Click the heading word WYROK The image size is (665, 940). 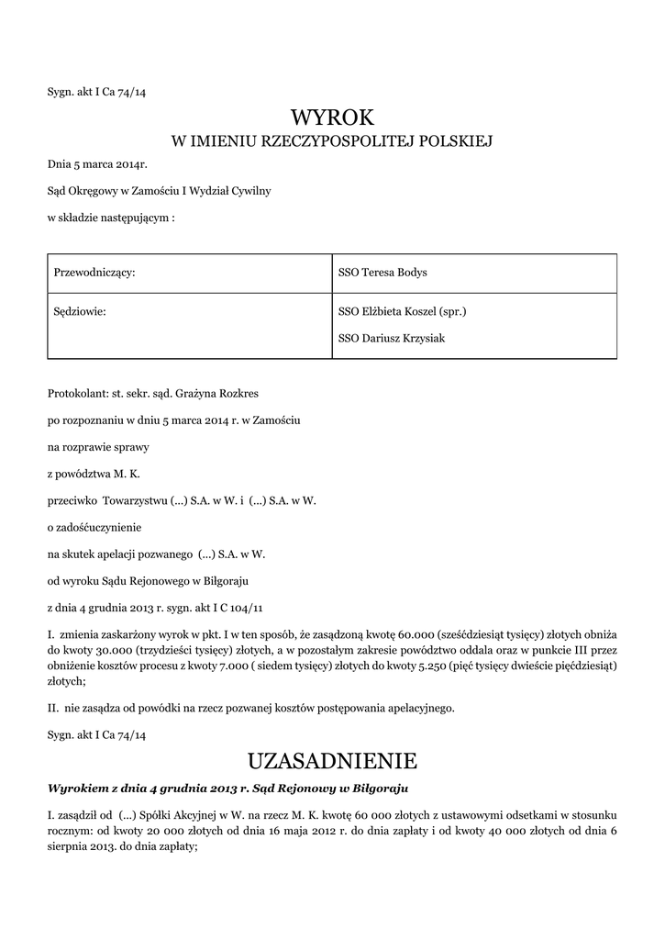pos(333,117)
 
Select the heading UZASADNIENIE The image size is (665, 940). pos(333,761)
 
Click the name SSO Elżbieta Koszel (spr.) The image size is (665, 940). pos(403,311)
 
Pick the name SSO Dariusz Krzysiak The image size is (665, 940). pos(391,338)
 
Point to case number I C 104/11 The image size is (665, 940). pos(242,608)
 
